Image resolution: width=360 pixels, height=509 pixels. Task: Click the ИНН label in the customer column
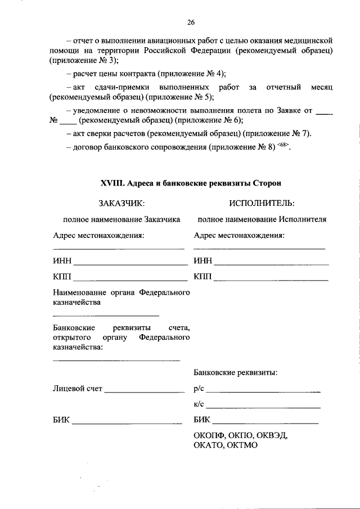click(x=62, y=260)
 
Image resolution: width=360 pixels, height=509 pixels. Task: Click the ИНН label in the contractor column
click(x=202, y=260)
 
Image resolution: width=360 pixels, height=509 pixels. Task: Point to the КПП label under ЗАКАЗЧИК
click(x=62, y=276)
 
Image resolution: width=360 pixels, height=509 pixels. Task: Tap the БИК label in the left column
click(x=61, y=420)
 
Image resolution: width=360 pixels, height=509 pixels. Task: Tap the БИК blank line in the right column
click(x=265, y=422)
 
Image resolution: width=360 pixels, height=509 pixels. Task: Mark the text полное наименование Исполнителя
click(x=262, y=219)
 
